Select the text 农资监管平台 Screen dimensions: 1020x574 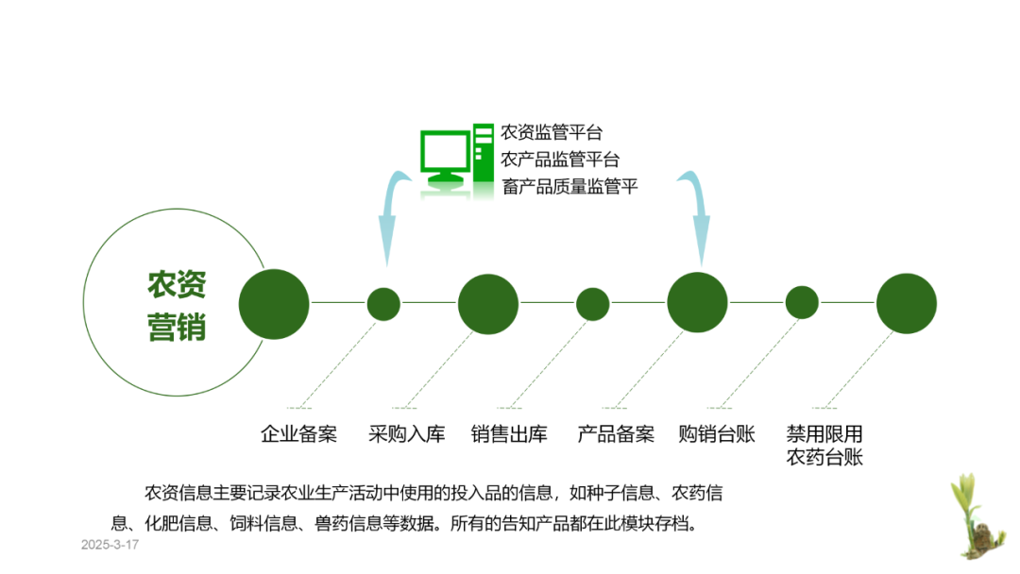click(x=552, y=132)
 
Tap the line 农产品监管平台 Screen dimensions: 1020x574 click(x=560, y=160)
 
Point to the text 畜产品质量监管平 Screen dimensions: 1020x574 click(x=569, y=187)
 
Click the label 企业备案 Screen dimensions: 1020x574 click(x=298, y=435)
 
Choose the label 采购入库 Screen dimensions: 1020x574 click(x=406, y=435)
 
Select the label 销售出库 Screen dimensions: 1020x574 click(x=509, y=435)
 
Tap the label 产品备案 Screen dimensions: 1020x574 click(x=616, y=435)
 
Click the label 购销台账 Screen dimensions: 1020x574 click(x=717, y=435)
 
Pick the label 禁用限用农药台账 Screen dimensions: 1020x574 click(x=824, y=447)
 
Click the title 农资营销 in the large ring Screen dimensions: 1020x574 click(x=177, y=306)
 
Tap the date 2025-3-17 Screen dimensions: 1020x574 click(x=110, y=546)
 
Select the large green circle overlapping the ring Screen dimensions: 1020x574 click(x=274, y=304)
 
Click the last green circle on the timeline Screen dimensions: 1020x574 click(x=906, y=304)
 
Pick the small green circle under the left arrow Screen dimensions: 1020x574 click(x=383, y=304)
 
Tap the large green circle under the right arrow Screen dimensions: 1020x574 click(x=697, y=302)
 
